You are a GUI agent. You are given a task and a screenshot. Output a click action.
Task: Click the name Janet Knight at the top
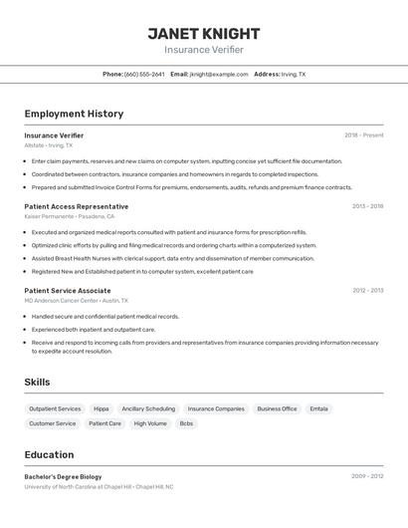[x=204, y=33]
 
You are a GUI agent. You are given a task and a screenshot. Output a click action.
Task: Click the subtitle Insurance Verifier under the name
[x=204, y=50]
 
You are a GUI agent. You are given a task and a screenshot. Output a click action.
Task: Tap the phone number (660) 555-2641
[x=144, y=74]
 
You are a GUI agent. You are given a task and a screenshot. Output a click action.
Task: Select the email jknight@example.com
[x=219, y=74]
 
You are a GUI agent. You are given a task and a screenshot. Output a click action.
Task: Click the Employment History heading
[x=74, y=114]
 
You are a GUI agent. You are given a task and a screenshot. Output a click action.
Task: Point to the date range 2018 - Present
[x=364, y=134]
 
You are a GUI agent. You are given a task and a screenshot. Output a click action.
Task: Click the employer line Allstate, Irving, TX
[x=49, y=144]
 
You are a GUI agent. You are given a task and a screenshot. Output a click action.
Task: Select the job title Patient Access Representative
[x=76, y=206]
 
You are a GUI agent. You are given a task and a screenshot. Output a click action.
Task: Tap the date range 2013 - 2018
[x=367, y=206]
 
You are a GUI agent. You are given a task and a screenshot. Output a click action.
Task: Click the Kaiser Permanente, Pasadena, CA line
[x=70, y=216]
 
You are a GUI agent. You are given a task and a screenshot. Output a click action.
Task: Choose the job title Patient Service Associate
[x=68, y=290]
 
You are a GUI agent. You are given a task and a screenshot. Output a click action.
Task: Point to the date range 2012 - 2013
[x=367, y=290]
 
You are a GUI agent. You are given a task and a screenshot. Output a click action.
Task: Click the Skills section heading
[x=38, y=382]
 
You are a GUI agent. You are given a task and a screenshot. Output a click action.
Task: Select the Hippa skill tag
[x=102, y=408]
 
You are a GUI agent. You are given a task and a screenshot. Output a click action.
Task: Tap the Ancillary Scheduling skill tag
[x=148, y=408]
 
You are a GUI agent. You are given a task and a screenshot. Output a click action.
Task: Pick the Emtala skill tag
[x=318, y=408]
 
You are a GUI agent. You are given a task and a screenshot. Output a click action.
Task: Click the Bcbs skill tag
[x=186, y=423]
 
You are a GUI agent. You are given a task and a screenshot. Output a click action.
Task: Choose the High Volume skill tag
[x=150, y=423]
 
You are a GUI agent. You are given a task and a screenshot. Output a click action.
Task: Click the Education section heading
[x=49, y=454]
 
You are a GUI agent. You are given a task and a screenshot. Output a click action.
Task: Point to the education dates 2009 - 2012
[x=367, y=476]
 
